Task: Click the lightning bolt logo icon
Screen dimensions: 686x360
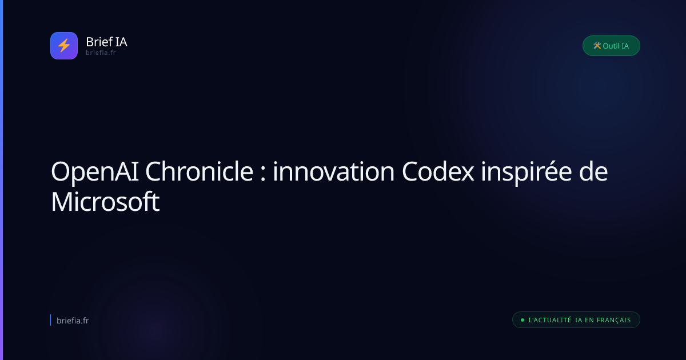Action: (64, 46)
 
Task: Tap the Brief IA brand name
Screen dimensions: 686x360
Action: (106, 42)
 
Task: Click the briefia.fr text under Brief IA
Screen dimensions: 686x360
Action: (101, 53)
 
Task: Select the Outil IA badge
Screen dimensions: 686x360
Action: (611, 46)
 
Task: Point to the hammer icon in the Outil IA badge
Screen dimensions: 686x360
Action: (597, 46)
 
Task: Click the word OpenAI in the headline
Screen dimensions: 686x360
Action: (95, 172)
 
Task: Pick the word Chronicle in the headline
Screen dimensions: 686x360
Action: (199, 171)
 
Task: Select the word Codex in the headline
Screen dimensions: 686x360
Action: (438, 171)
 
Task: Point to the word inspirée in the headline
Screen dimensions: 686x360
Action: (526, 173)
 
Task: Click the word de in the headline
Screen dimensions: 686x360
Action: (593, 171)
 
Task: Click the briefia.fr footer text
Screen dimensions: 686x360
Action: (73, 321)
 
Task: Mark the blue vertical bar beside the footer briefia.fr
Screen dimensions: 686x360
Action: (50, 320)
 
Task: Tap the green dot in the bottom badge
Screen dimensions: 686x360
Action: (523, 320)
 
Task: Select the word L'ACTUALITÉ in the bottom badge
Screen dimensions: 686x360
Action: (550, 320)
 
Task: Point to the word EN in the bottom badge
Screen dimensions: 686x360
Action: (589, 320)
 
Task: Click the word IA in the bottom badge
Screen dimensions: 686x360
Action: (579, 320)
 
